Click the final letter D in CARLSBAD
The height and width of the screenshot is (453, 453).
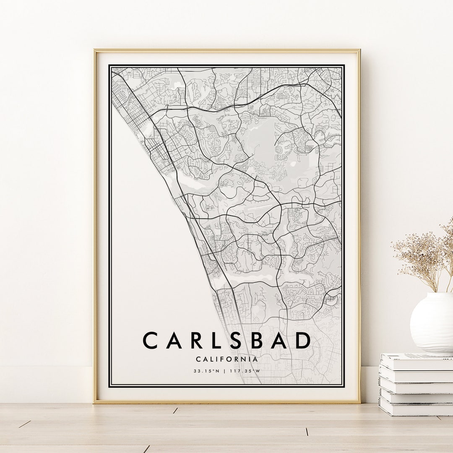click(x=303, y=341)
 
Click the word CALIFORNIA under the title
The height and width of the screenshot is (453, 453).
click(x=226, y=359)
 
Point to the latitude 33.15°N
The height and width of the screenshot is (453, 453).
click(x=207, y=371)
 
